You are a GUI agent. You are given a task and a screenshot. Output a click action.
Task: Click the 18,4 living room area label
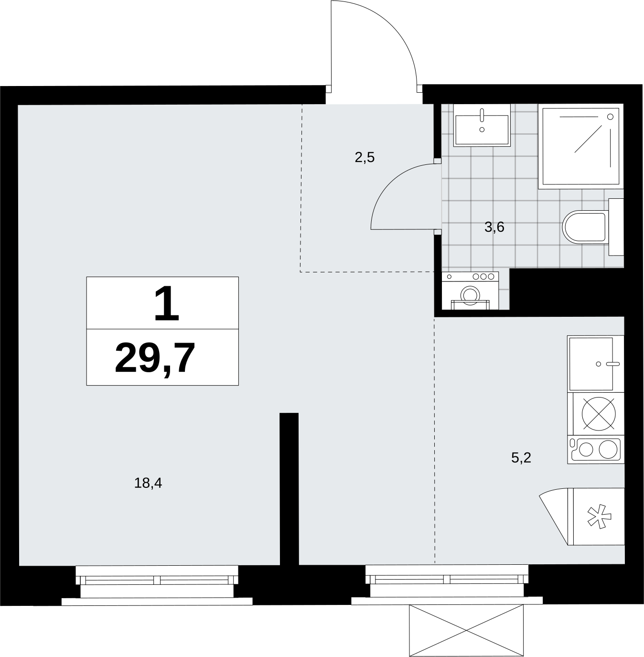(148, 483)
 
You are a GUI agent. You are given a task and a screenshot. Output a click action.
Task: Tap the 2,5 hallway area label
(365, 158)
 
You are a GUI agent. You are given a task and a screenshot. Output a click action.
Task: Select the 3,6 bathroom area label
(494, 227)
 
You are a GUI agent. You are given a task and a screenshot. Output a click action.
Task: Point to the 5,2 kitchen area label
(521, 458)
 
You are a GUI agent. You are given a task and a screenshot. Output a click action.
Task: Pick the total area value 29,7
(155, 359)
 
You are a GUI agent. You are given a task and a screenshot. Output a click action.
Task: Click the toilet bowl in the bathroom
(585, 227)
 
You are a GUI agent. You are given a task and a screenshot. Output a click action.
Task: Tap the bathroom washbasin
(482, 125)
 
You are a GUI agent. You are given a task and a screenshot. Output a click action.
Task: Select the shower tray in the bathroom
(580, 146)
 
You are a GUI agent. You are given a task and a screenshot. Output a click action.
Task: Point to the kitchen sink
(595, 364)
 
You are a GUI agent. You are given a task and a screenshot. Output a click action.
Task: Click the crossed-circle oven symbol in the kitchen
(599, 414)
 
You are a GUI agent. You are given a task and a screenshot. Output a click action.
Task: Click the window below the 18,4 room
(157, 583)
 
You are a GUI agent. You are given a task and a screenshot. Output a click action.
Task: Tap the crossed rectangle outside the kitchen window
(466, 630)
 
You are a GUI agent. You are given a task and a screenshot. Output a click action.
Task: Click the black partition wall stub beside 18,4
(289, 489)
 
